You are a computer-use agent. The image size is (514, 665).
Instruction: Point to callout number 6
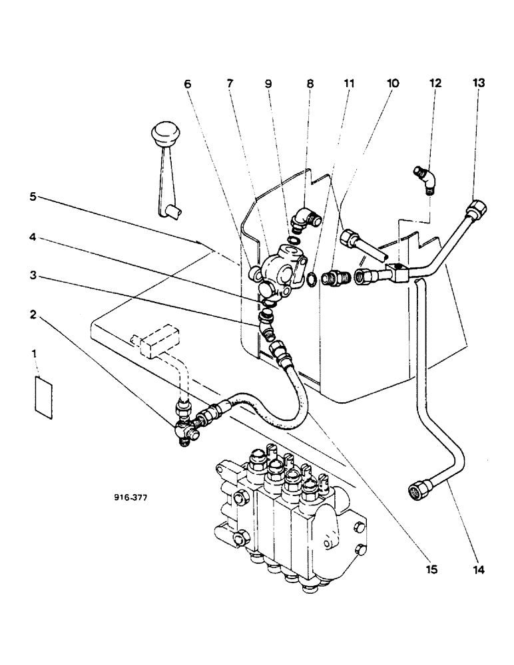point(187,84)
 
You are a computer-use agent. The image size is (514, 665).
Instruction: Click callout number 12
point(435,84)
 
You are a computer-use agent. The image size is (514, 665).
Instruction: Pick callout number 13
point(478,84)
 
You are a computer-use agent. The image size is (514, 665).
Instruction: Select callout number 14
point(478,569)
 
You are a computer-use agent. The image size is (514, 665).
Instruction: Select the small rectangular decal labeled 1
point(43,398)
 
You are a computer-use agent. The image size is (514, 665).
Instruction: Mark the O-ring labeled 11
point(311,276)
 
